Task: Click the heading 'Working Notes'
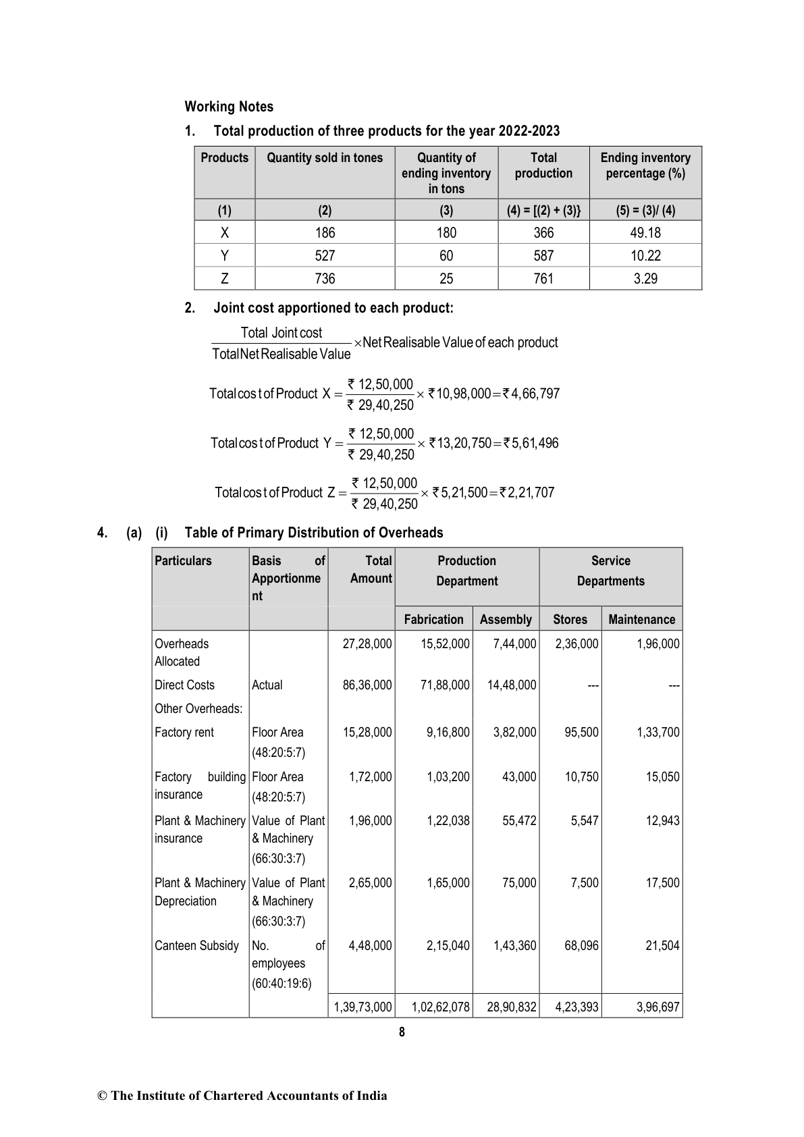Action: pyautogui.click(x=229, y=107)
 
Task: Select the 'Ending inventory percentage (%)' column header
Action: pyautogui.click(x=645, y=165)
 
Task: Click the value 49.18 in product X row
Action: pyautogui.click(x=645, y=233)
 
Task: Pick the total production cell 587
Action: pyautogui.click(x=543, y=256)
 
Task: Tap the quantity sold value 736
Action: pyautogui.click(x=325, y=279)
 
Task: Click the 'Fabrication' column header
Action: pyautogui.click(x=433, y=619)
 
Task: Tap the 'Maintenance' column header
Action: pyautogui.click(x=641, y=619)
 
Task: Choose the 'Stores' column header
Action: pyautogui.click(x=570, y=619)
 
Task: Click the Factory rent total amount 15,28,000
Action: pyautogui.click(x=367, y=733)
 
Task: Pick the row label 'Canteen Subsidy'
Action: pyautogui.click(x=196, y=946)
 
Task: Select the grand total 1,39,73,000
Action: pyautogui.click(x=363, y=1007)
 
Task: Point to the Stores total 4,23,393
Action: pyautogui.click(x=577, y=1007)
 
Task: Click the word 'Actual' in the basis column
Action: pyautogui.click(x=267, y=685)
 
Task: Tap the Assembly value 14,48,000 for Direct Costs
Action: pyautogui.click(x=512, y=685)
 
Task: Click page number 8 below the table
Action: pyautogui.click(x=402, y=1032)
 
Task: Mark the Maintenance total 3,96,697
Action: pyautogui.click(x=658, y=1007)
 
